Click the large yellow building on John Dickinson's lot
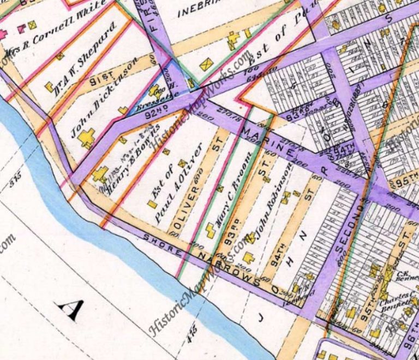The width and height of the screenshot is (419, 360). pyautogui.click(x=86, y=137)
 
